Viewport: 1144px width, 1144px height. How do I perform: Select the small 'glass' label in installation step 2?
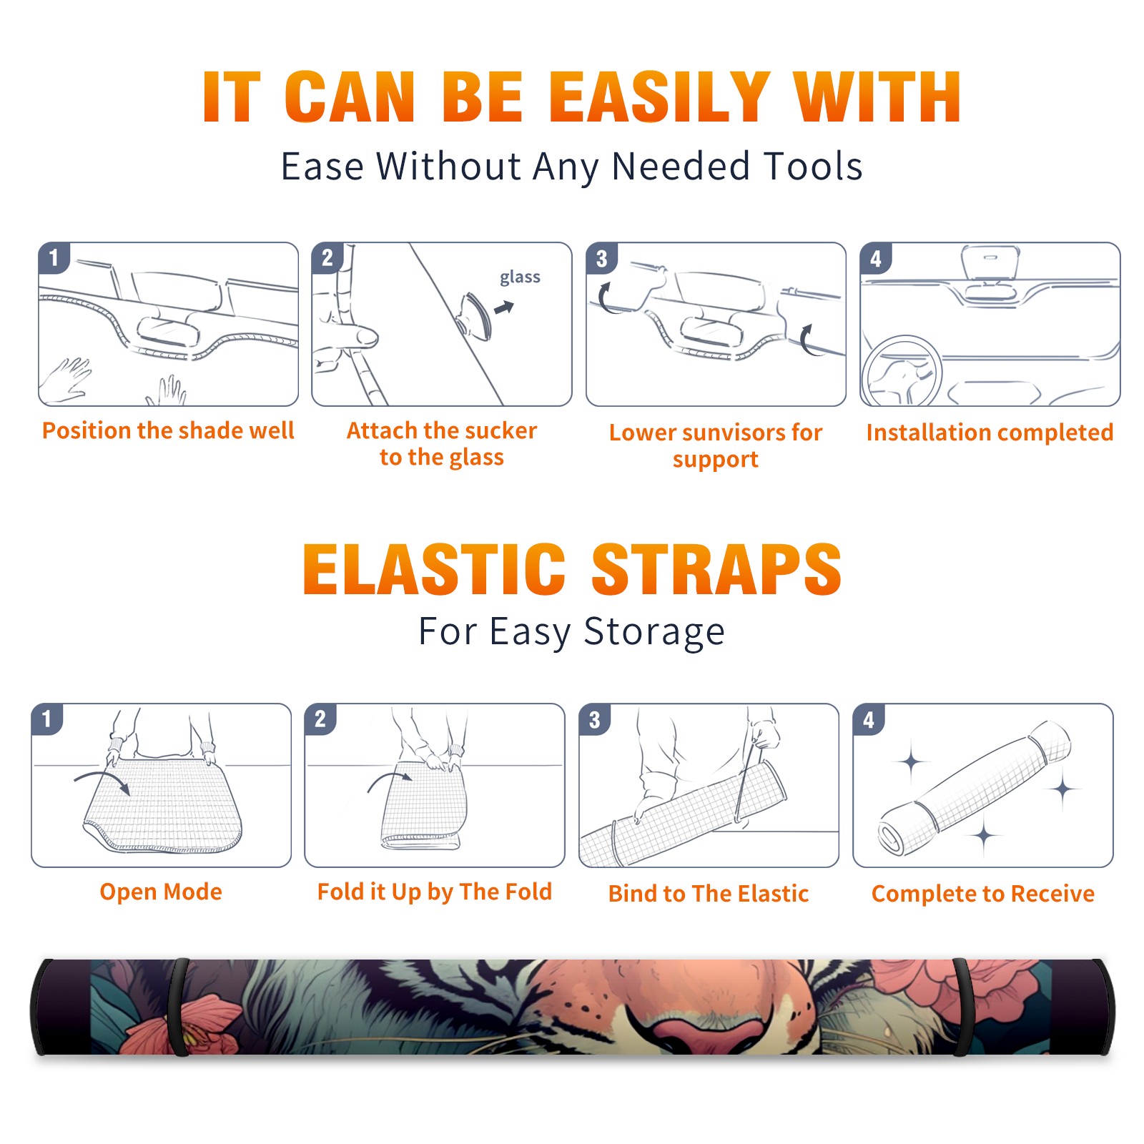pyautogui.click(x=520, y=277)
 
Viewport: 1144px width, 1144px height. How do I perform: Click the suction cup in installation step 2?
pyautogui.click(x=475, y=315)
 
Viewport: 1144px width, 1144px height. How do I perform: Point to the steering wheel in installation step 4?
pyautogui.click(x=902, y=371)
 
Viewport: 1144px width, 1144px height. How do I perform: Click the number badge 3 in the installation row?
pyautogui.click(x=601, y=258)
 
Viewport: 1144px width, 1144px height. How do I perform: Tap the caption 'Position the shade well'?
pyautogui.click(x=168, y=430)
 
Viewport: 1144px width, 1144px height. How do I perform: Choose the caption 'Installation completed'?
pyautogui.click(x=990, y=433)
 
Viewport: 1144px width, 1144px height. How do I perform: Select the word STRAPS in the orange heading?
pyautogui.click(x=716, y=569)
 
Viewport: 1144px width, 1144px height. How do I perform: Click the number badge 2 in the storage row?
pyautogui.click(x=320, y=719)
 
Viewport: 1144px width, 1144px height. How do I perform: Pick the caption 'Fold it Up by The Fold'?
pyautogui.click(x=435, y=892)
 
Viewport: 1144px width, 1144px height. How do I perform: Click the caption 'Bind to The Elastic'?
pyautogui.click(x=709, y=894)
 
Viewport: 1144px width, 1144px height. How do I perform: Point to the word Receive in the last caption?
pyautogui.click(x=1052, y=894)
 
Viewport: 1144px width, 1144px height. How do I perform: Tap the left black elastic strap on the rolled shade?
pyautogui.click(x=179, y=1007)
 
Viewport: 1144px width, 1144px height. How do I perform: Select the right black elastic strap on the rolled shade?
pyautogui.click(x=964, y=1007)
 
